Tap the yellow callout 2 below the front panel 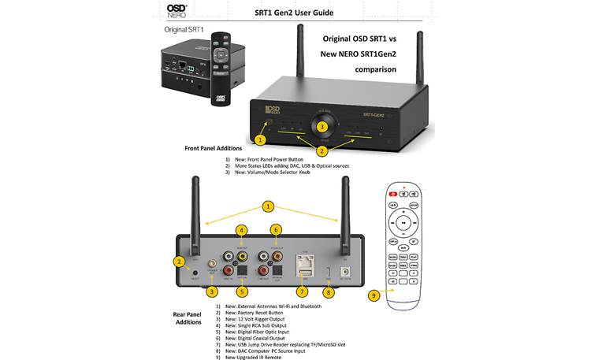[322, 150]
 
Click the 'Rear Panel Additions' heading [187, 317]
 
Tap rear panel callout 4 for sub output [242, 230]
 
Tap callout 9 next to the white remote [374, 295]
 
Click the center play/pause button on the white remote [403, 223]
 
